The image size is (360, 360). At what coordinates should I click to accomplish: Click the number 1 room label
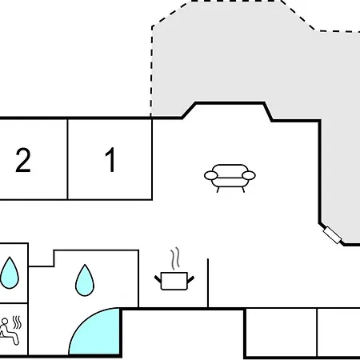click(x=110, y=159)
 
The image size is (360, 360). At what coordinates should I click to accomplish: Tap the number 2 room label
click(x=23, y=160)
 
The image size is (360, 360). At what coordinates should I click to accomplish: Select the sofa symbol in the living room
click(x=230, y=178)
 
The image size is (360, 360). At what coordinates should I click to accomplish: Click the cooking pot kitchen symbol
click(x=174, y=281)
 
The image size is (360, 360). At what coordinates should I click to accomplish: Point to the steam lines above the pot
click(x=175, y=258)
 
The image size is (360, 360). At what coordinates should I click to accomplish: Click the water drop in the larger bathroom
click(x=85, y=280)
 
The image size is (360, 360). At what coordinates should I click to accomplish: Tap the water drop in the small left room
click(x=10, y=273)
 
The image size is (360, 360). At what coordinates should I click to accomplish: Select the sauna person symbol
click(x=10, y=330)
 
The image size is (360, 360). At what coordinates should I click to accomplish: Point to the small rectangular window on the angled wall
click(x=332, y=235)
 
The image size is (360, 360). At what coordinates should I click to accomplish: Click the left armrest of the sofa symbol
click(x=211, y=175)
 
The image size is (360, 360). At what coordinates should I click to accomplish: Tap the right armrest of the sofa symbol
click(x=249, y=175)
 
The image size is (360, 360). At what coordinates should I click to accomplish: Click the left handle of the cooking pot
click(x=158, y=279)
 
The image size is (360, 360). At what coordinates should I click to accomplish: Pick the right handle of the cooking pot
click(x=190, y=280)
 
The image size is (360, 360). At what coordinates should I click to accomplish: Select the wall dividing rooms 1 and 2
click(x=68, y=159)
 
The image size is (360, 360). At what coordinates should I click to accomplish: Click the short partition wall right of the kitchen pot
click(x=208, y=283)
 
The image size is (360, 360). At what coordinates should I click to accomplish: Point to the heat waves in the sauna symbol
click(x=17, y=322)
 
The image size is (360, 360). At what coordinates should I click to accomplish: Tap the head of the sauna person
click(x=5, y=321)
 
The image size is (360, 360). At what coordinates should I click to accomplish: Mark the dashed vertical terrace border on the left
click(x=152, y=71)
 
